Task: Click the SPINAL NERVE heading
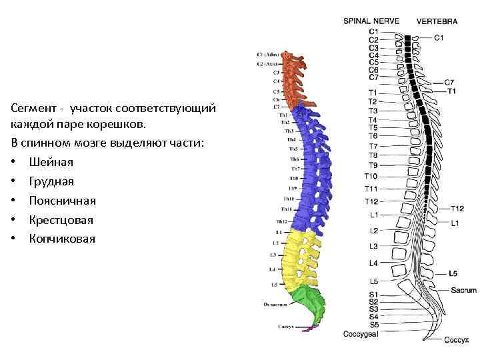(x=371, y=21)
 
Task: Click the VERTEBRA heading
(x=437, y=21)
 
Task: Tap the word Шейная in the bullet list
(x=51, y=162)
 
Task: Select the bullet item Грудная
(x=51, y=181)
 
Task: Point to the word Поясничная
(x=62, y=201)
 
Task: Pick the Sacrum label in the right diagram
(x=463, y=290)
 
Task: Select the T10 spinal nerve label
(x=371, y=176)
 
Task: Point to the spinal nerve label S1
(x=373, y=294)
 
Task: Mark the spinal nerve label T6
(x=373, y=136)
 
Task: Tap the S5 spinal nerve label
(x=373, y=324)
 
